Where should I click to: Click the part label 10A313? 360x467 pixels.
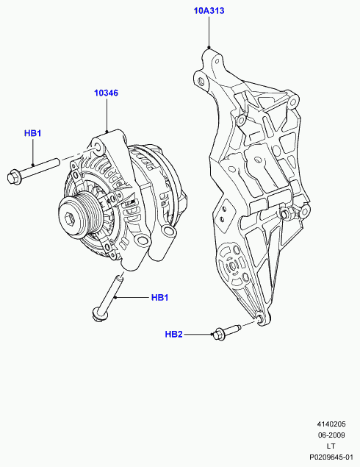209,11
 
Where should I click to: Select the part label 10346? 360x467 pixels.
107,93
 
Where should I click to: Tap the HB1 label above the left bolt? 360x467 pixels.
33,133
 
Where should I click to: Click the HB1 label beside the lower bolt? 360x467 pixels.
159,298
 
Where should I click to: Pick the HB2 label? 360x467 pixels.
173,334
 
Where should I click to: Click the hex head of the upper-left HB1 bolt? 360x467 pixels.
13,177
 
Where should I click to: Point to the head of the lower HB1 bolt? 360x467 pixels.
98,315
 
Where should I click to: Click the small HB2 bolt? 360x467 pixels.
226,332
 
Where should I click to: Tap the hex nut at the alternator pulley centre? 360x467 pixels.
70,218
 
